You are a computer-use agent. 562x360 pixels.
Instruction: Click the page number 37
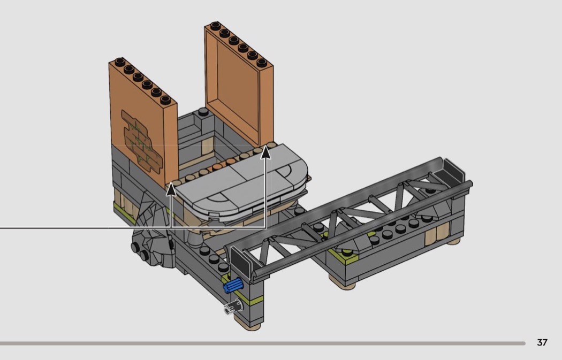(x=542, y=342)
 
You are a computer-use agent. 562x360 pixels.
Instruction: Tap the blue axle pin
(x=233, y=286)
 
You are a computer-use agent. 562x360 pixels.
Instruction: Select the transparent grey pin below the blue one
(x=233, y=308)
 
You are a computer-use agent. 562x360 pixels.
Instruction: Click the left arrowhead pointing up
(x=171, y=188)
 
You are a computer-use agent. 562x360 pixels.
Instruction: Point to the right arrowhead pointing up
(x=265, y=152)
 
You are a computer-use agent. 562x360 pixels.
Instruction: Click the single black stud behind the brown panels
(x=203, y=111)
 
